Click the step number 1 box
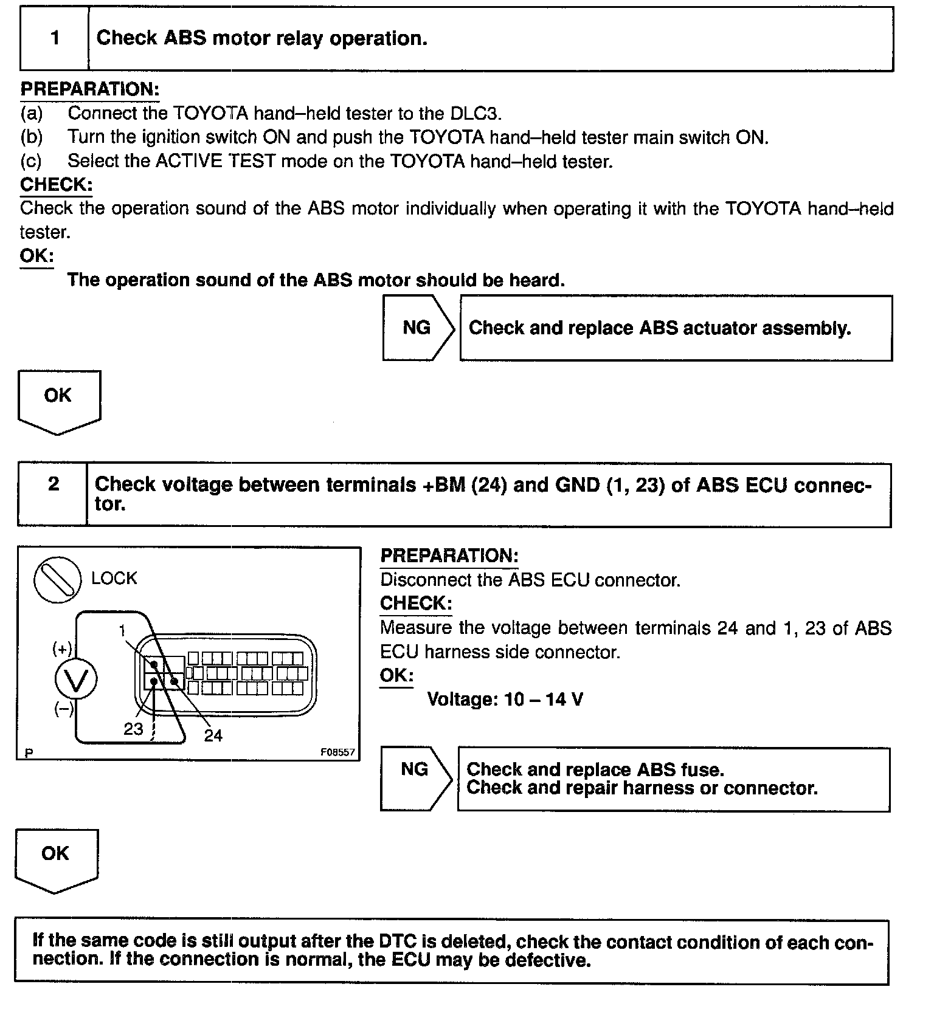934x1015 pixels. click(55, 38)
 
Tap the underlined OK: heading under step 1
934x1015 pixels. click(36, 256)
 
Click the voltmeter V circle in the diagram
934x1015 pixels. click(77, 680)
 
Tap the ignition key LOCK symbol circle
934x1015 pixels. click(57, 580)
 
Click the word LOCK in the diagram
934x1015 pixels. click(114, 578)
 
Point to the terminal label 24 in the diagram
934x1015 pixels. click(213, 735)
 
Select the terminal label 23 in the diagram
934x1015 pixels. click(133, 729)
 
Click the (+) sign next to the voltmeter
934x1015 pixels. click(62, 649)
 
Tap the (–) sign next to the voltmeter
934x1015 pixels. click(64, 709)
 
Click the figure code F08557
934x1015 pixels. click(337, 752)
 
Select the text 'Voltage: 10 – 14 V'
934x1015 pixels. click(505, 700)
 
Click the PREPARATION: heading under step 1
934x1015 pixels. click(90, 90)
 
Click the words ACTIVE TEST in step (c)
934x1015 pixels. click(215, 162)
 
